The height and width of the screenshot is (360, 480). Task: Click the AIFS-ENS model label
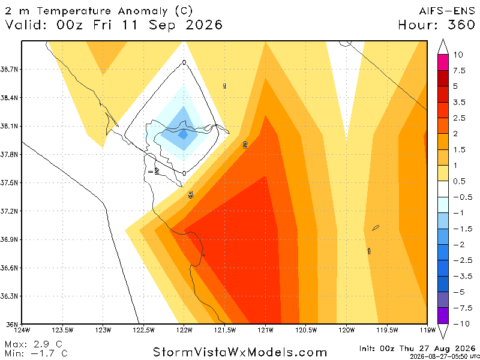coord(446,11)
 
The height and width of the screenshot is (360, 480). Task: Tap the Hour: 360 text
coord(437,25)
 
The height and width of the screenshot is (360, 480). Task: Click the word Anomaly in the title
coord(143,11)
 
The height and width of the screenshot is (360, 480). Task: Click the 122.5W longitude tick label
coord(143,330)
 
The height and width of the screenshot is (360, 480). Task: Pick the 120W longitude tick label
coord(347,330)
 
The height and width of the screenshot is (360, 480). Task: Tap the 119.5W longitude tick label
coord(388,330)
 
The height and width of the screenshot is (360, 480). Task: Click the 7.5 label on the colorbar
coord(459,71)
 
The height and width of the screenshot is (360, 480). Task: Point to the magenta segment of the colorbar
coord(443,62)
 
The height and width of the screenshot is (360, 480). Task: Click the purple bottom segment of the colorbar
coord(443,316)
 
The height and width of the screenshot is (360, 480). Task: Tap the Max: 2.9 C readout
coord(34,344)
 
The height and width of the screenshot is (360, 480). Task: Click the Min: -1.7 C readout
coord(36,353)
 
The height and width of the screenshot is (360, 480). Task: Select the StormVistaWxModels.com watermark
coord(239,352)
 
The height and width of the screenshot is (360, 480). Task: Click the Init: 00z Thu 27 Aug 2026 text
coord(417,349)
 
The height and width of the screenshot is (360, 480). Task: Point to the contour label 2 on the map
coord(245,145)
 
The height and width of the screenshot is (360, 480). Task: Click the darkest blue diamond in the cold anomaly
coord(184,134)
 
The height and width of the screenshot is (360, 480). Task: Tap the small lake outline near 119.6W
coord(376,228)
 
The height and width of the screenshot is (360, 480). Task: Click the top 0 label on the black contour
coord(184,63)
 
